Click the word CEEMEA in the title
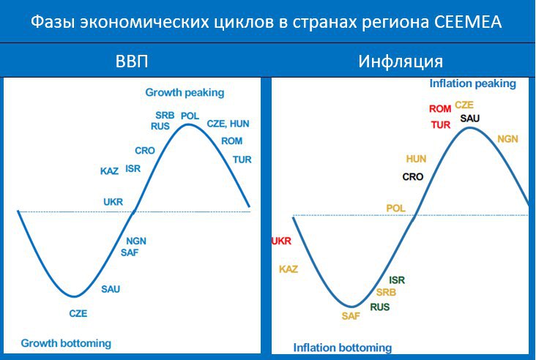(468, 22)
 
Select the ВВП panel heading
(132, 61)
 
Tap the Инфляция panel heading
(401, 61)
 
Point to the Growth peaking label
(185, 93)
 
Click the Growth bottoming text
(66, 343)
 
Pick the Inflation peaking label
(472, 83)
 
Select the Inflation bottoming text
(343, 348)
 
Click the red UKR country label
(281, 241)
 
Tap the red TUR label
(441, 125)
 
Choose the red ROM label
(440, 109)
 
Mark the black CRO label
(413, 177)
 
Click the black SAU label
(469, 119)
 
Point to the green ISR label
(397, 280)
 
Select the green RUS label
(380, 307)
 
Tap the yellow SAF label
(351, 316)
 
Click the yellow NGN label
(507, 139)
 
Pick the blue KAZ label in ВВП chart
(109, 171)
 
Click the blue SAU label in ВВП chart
(111, 289)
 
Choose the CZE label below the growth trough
(78, 314)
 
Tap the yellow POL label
(395, 209)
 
